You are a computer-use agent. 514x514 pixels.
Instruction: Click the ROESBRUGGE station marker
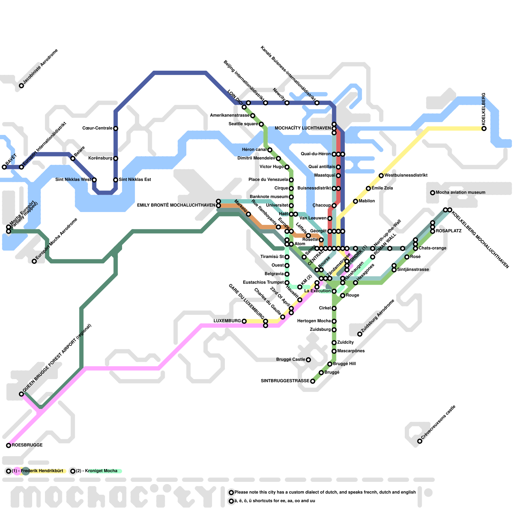[x=8, y=445]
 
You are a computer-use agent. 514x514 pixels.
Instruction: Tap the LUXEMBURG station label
[x=227, y=321]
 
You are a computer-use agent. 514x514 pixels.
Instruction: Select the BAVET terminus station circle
[x=4, y=167]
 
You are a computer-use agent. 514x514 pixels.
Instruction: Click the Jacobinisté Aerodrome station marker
[x=22, y=86]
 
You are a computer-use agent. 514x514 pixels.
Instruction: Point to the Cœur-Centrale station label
[x=97, y=128]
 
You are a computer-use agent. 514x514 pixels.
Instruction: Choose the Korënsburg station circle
[x=116, y=158]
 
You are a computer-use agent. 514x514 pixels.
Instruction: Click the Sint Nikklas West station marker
[x=94, y=180]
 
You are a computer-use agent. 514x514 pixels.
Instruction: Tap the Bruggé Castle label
[x=290, y=359]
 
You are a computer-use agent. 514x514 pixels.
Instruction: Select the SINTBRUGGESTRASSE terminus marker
[x=313, y=381]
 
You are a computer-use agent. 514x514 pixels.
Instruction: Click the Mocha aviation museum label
[x=460, y=192]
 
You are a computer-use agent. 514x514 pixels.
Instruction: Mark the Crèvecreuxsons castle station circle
[x=420, y=441]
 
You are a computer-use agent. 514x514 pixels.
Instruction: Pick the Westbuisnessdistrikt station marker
[x=381, y=175]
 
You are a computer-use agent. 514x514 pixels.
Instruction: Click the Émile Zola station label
[x=382, y=188]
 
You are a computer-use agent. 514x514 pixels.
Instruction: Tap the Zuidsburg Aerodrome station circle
[x=360, y=334]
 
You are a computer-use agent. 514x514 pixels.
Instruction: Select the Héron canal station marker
[x=270, y=150]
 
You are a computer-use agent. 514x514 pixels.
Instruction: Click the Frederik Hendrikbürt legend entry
[x=42, y=471]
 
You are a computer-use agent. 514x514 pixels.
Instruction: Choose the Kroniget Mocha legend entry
[x=101, y=471]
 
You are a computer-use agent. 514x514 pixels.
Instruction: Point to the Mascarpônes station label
[x=351, y=351]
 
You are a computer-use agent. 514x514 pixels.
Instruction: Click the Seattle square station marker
[x=261, y=124]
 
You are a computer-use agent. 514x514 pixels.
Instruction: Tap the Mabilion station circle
[x=355, y=201]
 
